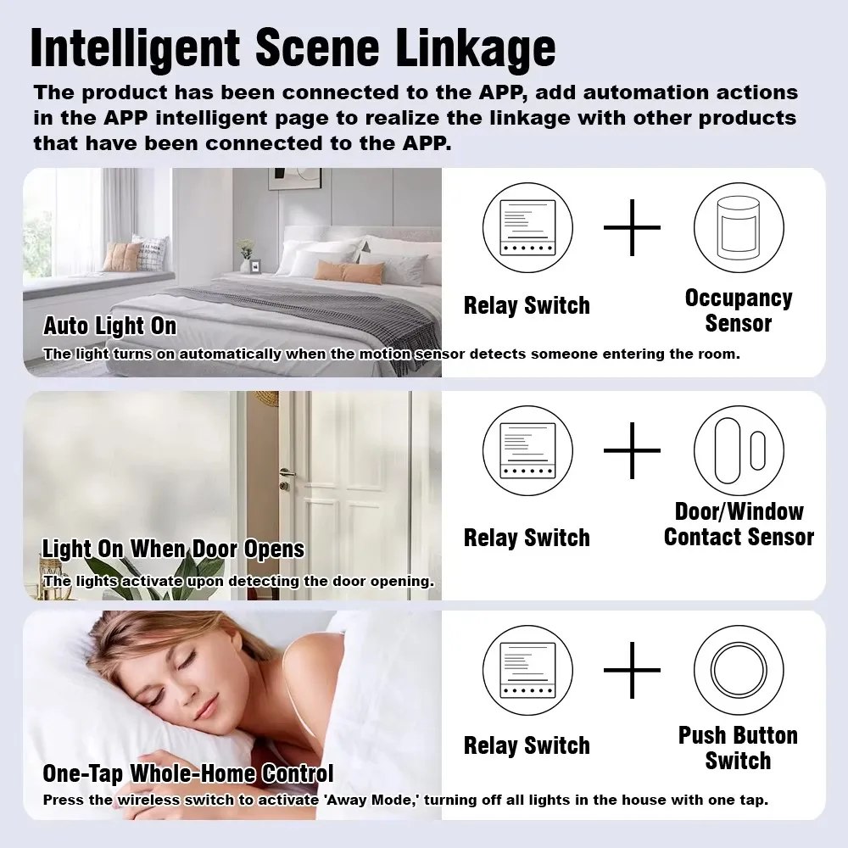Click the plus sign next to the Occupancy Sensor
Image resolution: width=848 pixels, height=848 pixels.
click(632, 227)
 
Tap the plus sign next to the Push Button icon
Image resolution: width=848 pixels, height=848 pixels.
click(632, 670)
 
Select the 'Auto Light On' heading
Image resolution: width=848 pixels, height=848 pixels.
click(110, 326)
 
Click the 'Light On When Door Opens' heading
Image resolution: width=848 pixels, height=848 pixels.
click(173, 550)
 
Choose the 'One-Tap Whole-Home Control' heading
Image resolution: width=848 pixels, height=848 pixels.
click(187, 773)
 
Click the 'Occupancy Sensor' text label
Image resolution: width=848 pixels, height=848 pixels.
click(738, 310)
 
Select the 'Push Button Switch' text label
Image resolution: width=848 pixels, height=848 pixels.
click(738, 748)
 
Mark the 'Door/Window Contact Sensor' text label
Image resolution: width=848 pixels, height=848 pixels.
click(738, 524)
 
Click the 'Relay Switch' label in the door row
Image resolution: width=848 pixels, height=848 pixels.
click(527, 538)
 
